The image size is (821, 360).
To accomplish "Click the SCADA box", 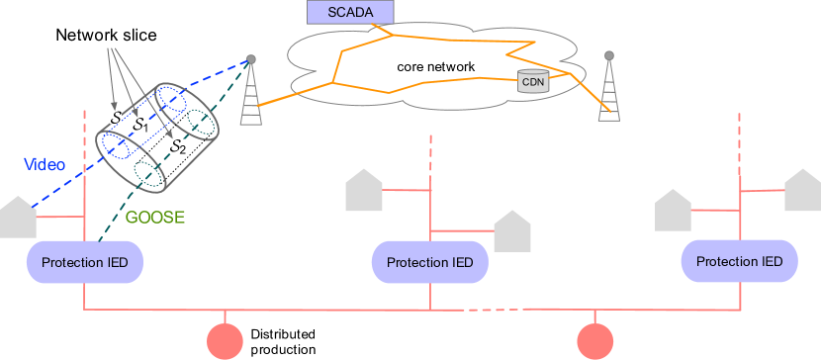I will pyautogui.click(x=349, y=12).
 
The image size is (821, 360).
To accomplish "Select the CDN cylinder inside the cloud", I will pyautogui.click(x=533, y=81).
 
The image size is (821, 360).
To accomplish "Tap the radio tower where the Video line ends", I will pyautogui.click(x=251, y=92).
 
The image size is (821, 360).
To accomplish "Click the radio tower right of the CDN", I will pyautogui.click(x=609, y=89).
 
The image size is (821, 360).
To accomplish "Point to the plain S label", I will pyautogui.click(x=116, y=118).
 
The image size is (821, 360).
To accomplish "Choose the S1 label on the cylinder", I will pyautogui.click(x=140, y=126).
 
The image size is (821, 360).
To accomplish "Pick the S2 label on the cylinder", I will pyautogui.click(x=177, y=145).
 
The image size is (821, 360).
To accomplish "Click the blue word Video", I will pyautogui.click(x=44, y=165).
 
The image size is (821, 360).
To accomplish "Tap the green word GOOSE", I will pyautogui.click(x=154, y=218).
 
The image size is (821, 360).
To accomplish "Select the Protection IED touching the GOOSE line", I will pyautogui.click(x=85, y=262).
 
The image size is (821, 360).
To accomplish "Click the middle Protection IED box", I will pyautogui.click(x=429, y=262).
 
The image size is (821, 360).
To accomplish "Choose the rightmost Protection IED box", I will pyautogui.click(x=740, y=261).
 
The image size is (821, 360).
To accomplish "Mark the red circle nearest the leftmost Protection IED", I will pyautogui.click(x=225, y=341).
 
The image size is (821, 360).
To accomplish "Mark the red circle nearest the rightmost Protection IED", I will pyautogui.click(x=595, y=341).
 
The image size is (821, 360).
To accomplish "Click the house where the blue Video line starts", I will pyautogui.click(x=17, y=219).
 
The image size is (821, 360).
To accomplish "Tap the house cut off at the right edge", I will pyautogui.click(x=802, y=191).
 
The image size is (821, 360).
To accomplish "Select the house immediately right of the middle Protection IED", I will pyautogui.click(x=512, y=232).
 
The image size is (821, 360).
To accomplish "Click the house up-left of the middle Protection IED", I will pyautogui.click(x=363, y=192).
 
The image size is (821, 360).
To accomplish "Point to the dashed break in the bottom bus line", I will pyautogui.click(x=492, y=311).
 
